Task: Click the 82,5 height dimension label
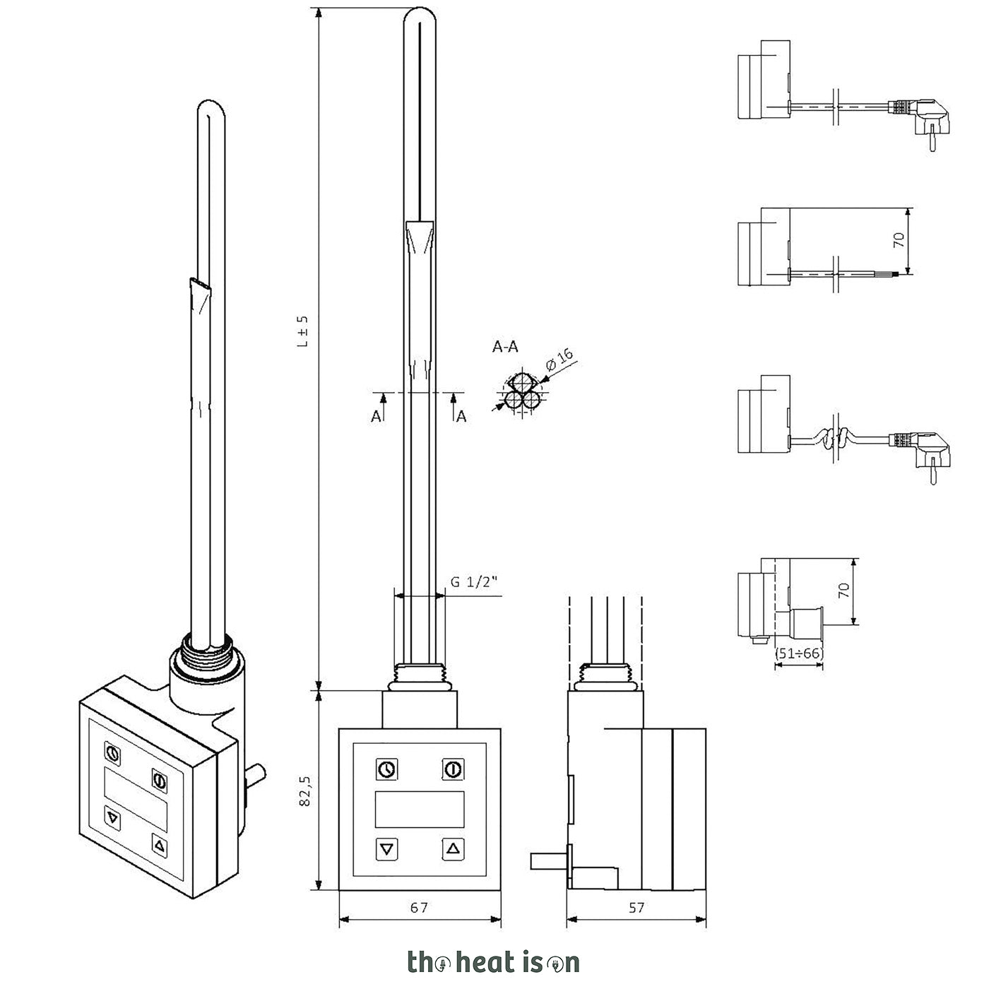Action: pyautogui.click(x=305, y=791)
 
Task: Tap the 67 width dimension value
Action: pyautogui.click(x=419, y=908)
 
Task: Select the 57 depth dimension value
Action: pyautogui.click(x=636, y=908)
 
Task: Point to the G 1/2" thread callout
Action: pyautogui.click(x=474, y=582)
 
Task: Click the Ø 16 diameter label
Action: pyautogui.click(x=559, y=359)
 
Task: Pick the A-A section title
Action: pyautogui.click(x=505, y=347)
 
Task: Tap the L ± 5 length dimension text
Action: pyautogui.click(x=303, y=331)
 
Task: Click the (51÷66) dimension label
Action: pyautogui.click(x=798, y=653)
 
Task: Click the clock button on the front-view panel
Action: pyautogui.click(x=387, y=769)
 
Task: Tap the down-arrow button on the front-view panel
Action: pyautogui.click(x=387, y=848)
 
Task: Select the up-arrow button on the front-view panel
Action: pyautogui.click(x=454, y=848)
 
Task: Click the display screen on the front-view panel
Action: pyautogui.click(x=420, y=809)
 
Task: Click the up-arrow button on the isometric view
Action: pyautogui.click(x=160, y=845)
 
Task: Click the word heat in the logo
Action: pyautogui.click(x=484, y=963)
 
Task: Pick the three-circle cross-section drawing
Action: pyautogui.click(x=521, y=393)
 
